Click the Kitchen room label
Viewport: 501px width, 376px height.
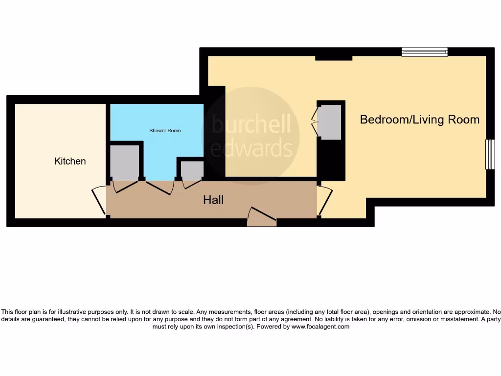tap(70, 161)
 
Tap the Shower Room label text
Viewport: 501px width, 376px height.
tap(165, 131)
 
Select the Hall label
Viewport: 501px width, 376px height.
tap(213, 200)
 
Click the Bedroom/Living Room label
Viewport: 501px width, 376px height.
tap(419, 119)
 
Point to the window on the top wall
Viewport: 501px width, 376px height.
tap(425, 51)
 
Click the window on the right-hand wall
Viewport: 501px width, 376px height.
tap(490, 155)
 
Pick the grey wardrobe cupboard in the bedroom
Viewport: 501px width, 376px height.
tap(330, 121)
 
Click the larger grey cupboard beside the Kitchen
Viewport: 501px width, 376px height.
tap(124, 162)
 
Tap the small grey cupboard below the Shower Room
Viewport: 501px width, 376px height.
tap(192, 169)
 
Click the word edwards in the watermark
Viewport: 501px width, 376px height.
tap(251, 147)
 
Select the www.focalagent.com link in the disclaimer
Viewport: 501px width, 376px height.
tap(320, 327)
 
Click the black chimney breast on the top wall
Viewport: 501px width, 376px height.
tap(333, 58)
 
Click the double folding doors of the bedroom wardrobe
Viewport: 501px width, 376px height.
tap(315, 121)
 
